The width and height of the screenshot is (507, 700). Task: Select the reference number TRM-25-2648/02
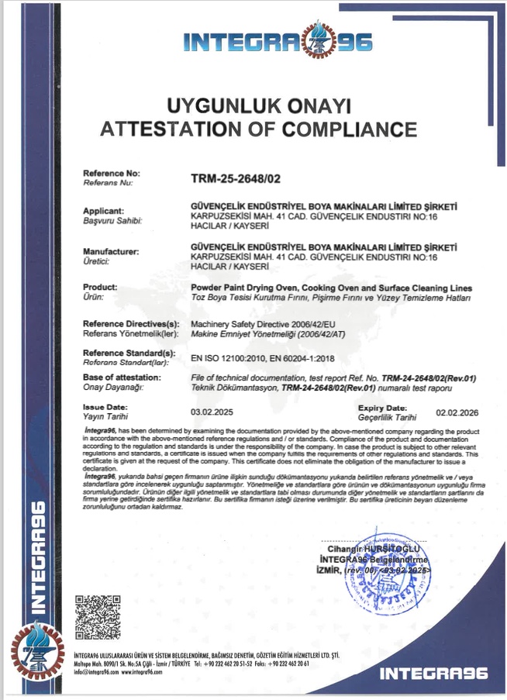click(x=235, y=178)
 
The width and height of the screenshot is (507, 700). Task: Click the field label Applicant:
click(x=103, y=211)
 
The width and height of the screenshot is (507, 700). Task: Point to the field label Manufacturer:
click(x=111, y=252)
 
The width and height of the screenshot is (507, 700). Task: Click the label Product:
click(x=100, y=286)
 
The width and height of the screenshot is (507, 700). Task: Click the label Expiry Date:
click(x=382, y=408)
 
